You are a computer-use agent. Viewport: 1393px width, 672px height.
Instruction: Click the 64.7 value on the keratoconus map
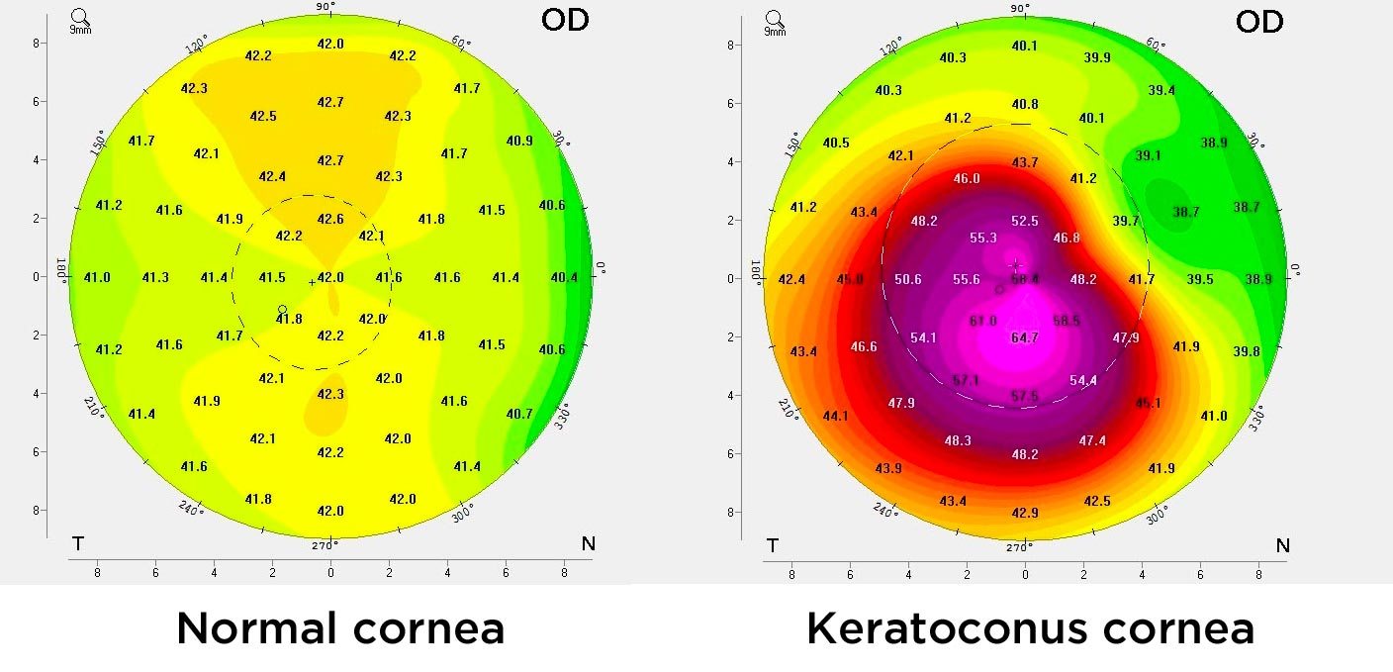[1025, 337]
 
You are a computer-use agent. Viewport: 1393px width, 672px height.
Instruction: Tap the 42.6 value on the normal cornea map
[330, 219]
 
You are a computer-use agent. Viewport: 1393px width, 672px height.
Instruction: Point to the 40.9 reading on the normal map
[519, 141]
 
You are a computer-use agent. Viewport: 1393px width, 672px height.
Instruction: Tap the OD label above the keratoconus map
[1259, 22]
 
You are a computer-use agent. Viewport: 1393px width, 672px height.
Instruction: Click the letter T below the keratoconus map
[772, 545]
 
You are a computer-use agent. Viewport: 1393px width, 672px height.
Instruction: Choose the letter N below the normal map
[588, 543]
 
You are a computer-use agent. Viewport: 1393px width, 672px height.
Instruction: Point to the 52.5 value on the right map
[1025, 221]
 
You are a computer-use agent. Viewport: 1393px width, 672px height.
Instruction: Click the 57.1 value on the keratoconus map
[966, 381]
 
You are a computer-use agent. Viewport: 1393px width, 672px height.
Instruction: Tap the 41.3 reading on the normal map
[155, 278]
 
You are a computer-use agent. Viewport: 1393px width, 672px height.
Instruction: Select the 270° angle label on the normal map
[325, 544]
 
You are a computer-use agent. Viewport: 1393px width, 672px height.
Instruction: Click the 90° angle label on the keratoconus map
[1020, 8]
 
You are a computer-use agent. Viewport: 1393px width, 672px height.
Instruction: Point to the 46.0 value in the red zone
[967, 179]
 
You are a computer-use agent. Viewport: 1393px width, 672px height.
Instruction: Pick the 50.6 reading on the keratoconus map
[908, 280]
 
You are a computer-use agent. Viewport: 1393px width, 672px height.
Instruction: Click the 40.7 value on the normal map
[519, 414]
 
